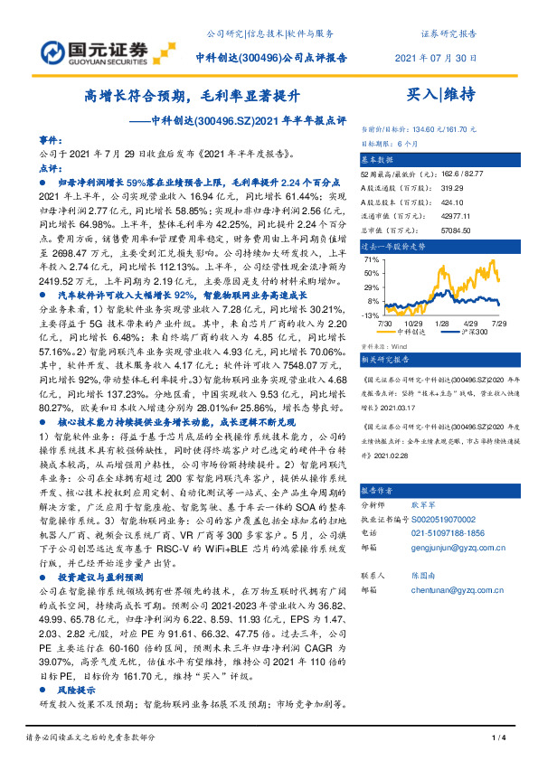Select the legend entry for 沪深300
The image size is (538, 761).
pos(473,332)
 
